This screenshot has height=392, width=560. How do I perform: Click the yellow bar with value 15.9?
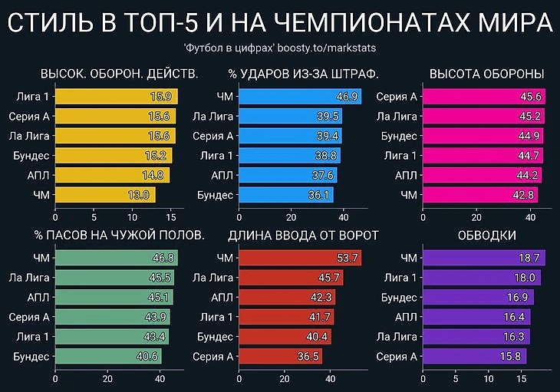pos(116,97)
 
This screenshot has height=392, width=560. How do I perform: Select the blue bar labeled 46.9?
pos(300,97)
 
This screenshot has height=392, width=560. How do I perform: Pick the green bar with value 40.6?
pos(108,356)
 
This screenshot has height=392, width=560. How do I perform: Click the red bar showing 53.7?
pos(300,258)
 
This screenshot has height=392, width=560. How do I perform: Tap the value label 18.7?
pos(530,258)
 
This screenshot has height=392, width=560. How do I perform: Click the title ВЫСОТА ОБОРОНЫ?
pos(487,74)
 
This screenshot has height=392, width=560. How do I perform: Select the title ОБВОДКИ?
pos(486,235)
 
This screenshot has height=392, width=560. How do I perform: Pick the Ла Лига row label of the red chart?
pos(212,277)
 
